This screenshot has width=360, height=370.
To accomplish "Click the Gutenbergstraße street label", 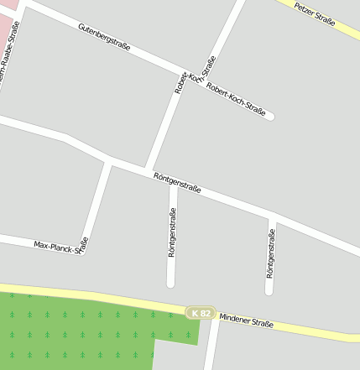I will click(104, 38).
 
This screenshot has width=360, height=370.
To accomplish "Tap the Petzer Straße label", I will click(315, 14).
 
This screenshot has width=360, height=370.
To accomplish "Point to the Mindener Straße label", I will click(246, 320).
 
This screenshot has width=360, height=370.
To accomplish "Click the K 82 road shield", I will click(200, 313).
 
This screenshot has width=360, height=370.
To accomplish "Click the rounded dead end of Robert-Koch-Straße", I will click(269, 117).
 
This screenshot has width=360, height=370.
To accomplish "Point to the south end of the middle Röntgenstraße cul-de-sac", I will click(170, 284).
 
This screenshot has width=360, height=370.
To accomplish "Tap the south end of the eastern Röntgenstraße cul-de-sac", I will click(269, 291).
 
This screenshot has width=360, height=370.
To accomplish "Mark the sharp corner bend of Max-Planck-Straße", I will click(82, 249).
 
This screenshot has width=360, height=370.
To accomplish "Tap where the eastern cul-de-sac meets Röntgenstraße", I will click(272, 217).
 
